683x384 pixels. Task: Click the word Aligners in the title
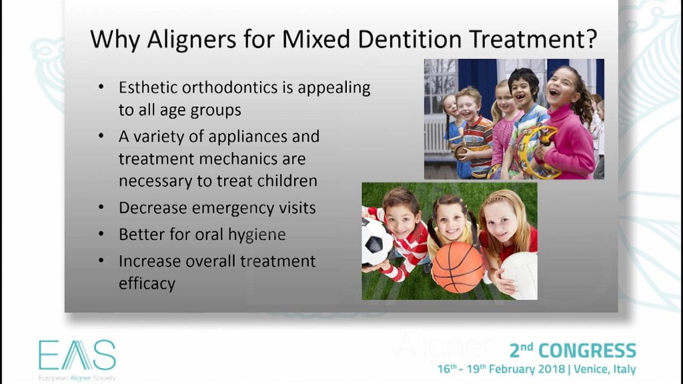coord(191,40)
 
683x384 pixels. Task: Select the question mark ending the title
coord(591,39)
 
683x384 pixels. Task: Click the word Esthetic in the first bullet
coord(147,87)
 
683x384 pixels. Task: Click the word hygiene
coord(257,235)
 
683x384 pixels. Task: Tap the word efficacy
coord(147,284)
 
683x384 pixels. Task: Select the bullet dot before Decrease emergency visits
coord(101,207)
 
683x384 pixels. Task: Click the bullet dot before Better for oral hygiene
coord(101,234)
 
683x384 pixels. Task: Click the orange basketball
coord(458,267)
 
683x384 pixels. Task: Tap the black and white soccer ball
coord(376,242)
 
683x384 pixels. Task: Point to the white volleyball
coord(520,275)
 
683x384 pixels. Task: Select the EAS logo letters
coord(77,355)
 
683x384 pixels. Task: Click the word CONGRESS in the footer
coord(587,351)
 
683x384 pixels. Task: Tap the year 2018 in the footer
coord(551,369)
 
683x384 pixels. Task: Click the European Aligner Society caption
coord(77,378)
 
